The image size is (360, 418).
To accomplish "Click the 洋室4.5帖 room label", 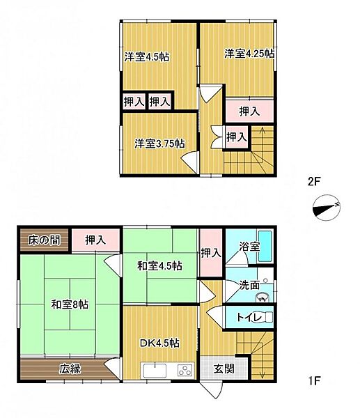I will tap(147, 57).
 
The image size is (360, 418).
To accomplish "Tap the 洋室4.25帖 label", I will tap(248, 53).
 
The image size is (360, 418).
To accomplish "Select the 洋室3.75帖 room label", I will tap(159, 144).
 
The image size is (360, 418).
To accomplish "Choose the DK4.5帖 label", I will tap(159, 343).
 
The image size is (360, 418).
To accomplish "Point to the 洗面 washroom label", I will tap(249, 285).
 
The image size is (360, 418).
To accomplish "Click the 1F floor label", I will tap(313, 382).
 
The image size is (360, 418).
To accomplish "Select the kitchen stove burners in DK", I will tap(185, 369).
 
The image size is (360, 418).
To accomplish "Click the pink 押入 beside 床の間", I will tap(95, 240).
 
